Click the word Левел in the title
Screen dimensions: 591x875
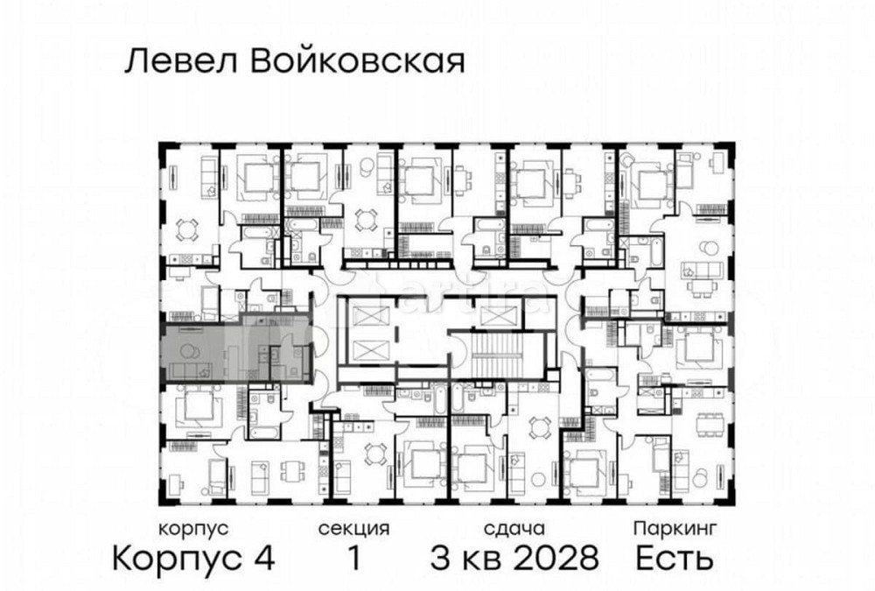click(x=171, y=60)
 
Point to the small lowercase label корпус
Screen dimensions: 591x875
click(x=193, y=529)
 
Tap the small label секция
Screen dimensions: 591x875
click(x=353, y=529)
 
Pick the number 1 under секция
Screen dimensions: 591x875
click(x=353, y=557)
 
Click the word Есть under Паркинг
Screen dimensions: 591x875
click(x=674, y=557)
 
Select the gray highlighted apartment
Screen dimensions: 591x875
click(x=234, y=350)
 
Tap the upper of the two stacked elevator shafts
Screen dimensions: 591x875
click(x=364, y=313)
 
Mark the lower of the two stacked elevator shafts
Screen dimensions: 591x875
click(x=364, y=348)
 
